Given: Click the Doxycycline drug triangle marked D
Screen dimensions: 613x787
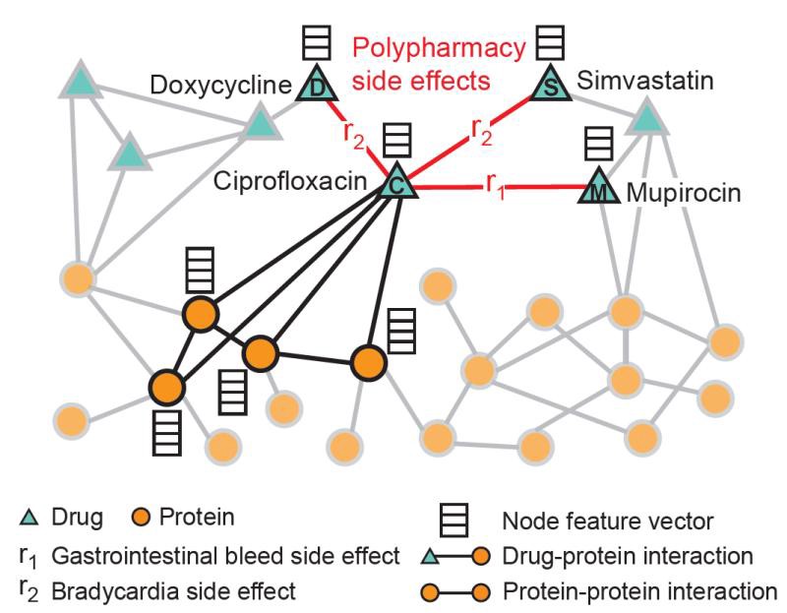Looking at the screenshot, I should click(x=317, y=86).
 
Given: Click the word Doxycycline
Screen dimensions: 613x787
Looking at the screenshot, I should click(x=221, y=88).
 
